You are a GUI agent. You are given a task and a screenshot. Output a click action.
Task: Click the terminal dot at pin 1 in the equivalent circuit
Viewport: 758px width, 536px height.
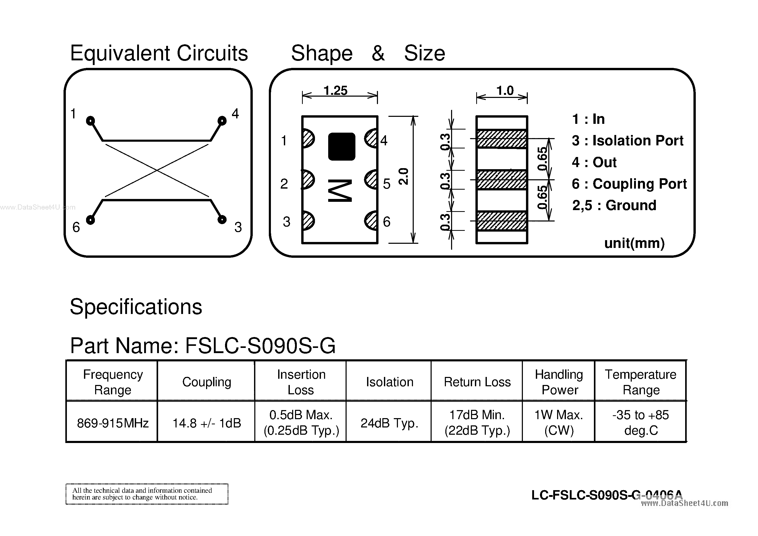pos(90,121)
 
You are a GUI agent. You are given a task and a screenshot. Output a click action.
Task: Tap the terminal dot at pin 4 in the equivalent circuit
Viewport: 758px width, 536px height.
pos(222,121)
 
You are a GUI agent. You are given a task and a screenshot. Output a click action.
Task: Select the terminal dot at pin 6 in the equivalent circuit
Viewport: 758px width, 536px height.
pos(90,219)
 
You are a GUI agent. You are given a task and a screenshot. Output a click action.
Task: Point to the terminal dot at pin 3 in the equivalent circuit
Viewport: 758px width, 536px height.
pos(222,219)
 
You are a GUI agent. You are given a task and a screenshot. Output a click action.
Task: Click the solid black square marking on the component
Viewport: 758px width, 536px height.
pos(341,147)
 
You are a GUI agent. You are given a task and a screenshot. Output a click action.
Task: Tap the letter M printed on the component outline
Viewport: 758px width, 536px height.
pos(340,190)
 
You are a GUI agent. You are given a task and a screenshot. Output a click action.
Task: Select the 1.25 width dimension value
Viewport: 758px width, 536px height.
pos(335,90)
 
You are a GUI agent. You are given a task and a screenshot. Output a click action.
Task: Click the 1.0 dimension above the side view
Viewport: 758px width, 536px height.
pos(505,90)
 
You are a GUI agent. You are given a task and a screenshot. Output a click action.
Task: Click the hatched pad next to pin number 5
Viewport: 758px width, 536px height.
pos(371,180)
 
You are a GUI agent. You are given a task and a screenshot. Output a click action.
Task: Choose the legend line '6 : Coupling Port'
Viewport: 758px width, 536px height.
pos(629,184)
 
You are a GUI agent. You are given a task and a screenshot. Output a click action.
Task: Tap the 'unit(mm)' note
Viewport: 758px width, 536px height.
pos(634,243)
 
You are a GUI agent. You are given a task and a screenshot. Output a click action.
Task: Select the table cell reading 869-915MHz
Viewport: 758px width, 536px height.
pos(113,423)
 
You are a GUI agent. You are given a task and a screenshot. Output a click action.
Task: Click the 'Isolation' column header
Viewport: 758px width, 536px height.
pos(389,382)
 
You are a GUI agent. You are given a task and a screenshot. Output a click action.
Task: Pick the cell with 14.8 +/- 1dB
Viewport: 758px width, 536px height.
pos(207,423)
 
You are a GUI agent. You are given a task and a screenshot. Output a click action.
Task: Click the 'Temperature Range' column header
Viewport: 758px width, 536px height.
pos(641,382)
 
